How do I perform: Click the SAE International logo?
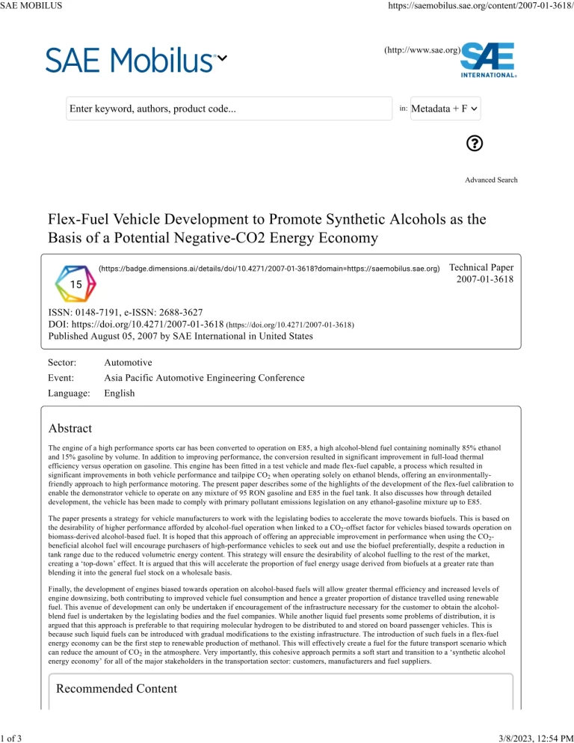coord(488,59)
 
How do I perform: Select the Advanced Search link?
coord(491,180)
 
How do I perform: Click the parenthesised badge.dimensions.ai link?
coord(269,267)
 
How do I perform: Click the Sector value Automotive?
coord(128,362)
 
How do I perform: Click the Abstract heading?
coord(70,429)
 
